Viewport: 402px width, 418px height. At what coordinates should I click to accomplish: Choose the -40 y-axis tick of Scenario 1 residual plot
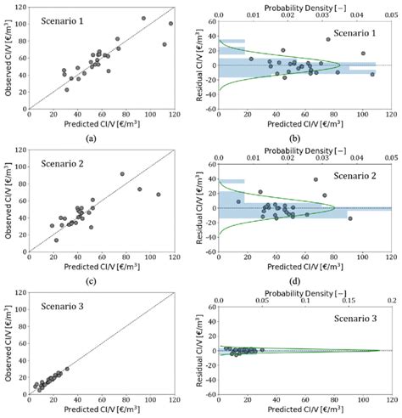pyautogui.click(x=208, y=109)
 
